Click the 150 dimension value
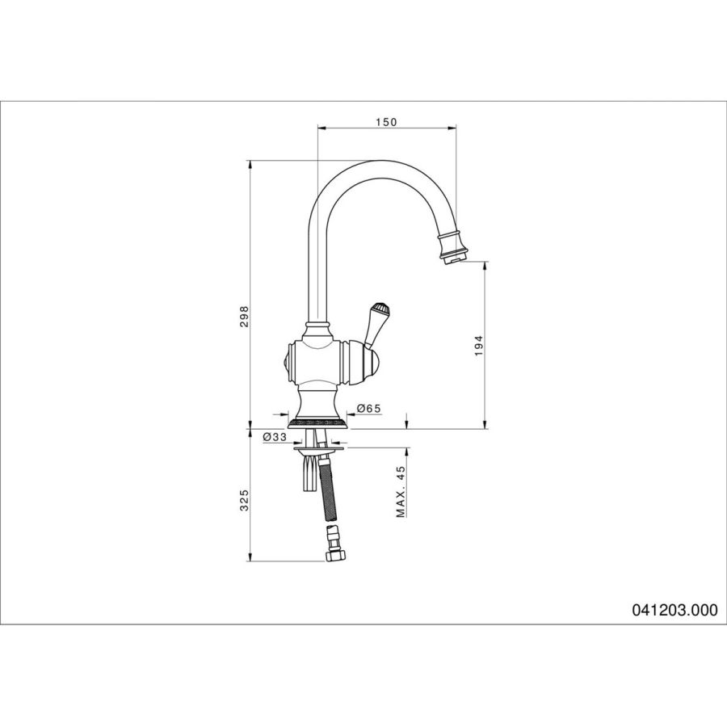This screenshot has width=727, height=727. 386,122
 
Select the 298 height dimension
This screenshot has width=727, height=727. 244,316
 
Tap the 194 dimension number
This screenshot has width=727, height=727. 479,346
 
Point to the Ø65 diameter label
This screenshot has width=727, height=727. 369,408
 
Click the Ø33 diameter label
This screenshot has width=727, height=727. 275,437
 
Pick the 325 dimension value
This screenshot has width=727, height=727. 244,500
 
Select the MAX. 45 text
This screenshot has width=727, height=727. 401,491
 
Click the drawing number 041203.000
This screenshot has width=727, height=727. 674,609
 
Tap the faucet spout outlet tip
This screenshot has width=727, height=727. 453,261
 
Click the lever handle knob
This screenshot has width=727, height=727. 380,309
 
